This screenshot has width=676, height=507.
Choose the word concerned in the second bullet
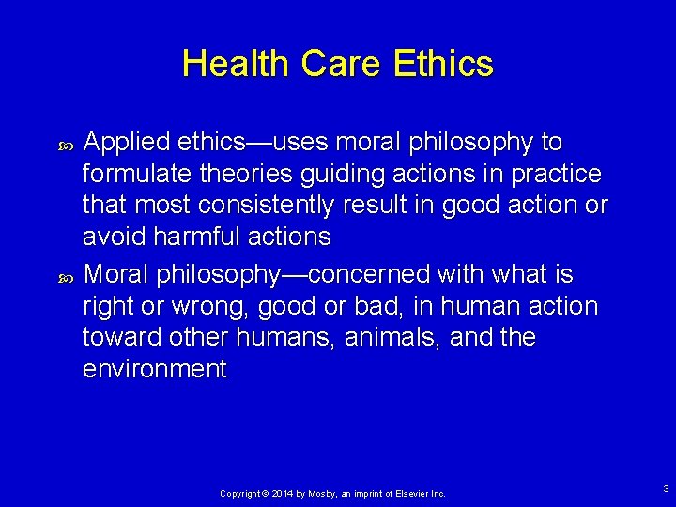[x=355, y=275]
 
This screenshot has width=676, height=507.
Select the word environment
[x=155, y=369]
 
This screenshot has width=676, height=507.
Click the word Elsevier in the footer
[x=412, y=493]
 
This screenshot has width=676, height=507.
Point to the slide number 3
[x=665, y=488]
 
